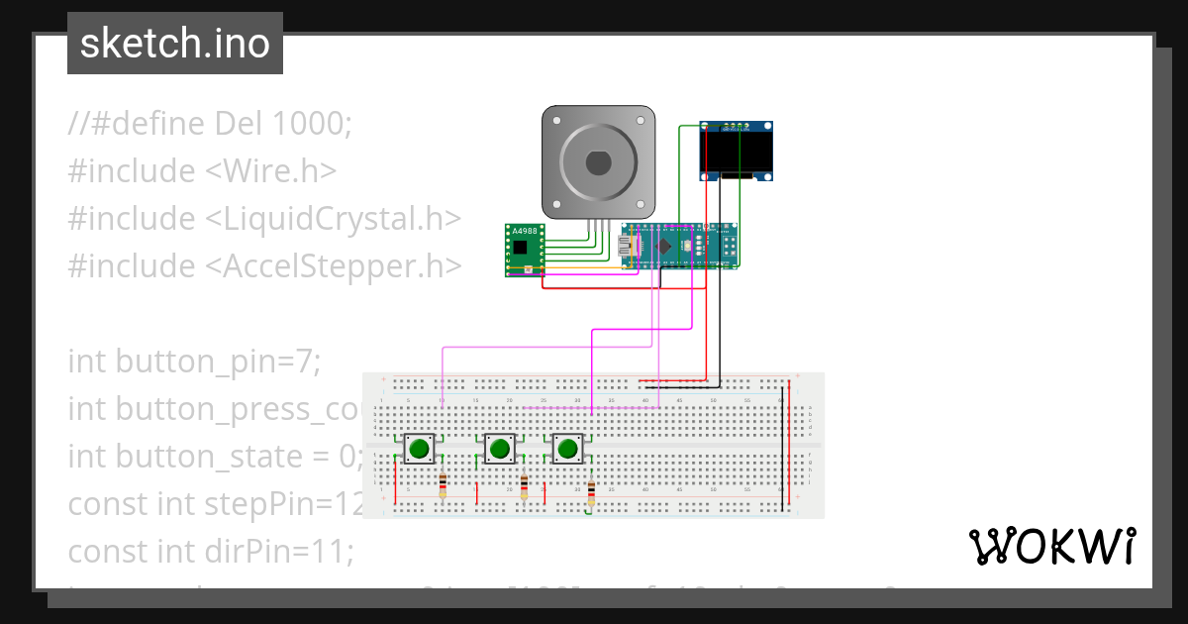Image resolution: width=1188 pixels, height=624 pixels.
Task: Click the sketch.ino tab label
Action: click(x=175, y=44)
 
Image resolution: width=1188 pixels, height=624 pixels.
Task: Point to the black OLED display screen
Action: click(x=737, y=151)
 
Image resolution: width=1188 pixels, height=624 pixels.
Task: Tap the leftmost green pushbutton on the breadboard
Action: click(x=419, y=449)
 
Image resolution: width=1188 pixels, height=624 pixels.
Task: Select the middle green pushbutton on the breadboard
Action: click(x=499, y=449)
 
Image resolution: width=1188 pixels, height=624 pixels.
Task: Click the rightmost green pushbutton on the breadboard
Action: click(x=567, y=449)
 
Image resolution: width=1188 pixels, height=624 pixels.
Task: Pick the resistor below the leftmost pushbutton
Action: click(x=443, y=486)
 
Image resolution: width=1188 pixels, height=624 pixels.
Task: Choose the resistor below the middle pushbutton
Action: click(x=524, y=487)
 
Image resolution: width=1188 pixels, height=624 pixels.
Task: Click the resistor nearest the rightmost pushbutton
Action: click(x=591, y=492)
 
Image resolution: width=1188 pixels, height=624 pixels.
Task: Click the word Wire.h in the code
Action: click(x=271, y=170)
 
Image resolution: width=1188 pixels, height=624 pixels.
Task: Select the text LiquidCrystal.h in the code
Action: click(x=333, y=218)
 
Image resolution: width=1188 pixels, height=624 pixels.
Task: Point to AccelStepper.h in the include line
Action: click(x=333, y=265)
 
